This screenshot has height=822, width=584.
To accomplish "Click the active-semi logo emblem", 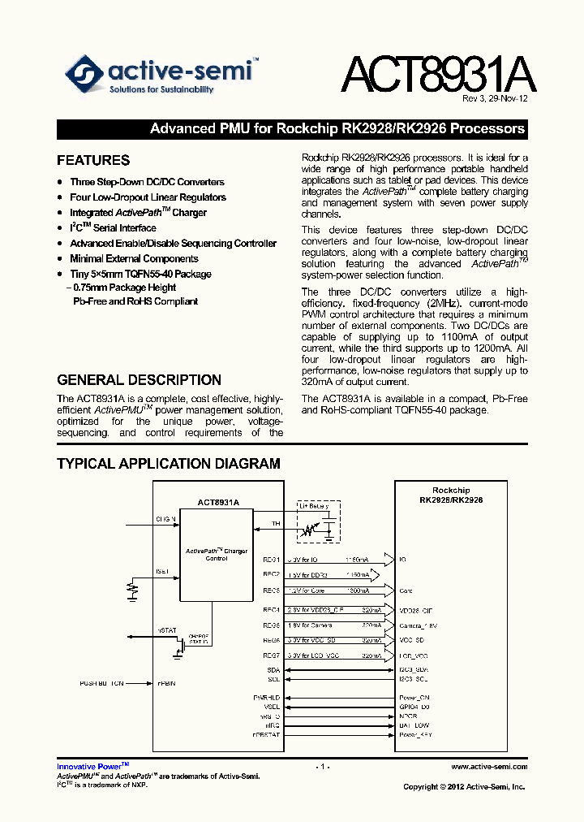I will tap(84, 75).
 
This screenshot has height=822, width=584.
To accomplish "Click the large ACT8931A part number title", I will tap(438, 75).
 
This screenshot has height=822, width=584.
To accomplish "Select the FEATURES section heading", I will tap(93, 160).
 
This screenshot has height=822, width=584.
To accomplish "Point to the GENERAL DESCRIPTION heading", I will tap(139, 379).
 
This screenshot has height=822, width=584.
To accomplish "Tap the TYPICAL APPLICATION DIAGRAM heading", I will tap(169, 464).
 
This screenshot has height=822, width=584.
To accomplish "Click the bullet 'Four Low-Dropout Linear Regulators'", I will tap(148, 197).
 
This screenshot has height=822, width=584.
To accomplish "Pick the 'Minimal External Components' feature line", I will tap(134, 259).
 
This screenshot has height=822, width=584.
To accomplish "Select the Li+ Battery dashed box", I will tap(317, 523).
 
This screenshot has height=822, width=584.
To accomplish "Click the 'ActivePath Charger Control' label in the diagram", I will tap(217, 554).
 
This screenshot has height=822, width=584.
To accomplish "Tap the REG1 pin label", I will tap(271, 560).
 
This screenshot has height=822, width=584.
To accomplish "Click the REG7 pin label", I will tap(271, 655).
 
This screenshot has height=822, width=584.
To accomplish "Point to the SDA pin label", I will tap(273, 669).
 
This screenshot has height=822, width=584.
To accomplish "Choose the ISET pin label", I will tap(163, 571).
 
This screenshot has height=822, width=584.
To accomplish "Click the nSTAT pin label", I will tap(166, 629).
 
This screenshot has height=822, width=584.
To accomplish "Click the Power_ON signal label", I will tap(414, 698).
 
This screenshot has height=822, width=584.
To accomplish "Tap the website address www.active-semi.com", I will tap(489, 767).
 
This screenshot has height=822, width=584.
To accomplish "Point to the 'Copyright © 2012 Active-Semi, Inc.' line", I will tap(464, 786).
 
